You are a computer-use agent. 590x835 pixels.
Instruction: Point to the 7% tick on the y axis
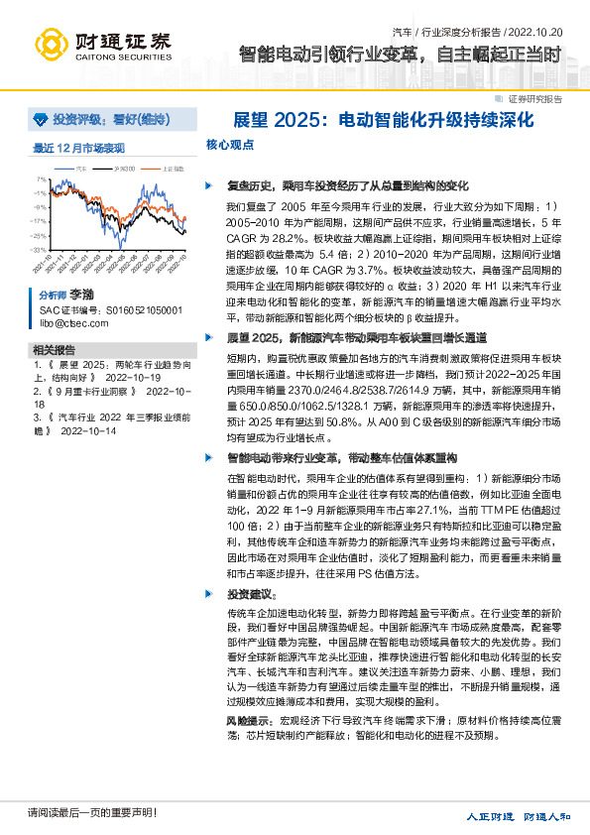coord(41,179)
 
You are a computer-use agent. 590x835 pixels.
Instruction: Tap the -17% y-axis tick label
coord(39,221)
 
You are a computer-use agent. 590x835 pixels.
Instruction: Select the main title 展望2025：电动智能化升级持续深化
coord(384,120)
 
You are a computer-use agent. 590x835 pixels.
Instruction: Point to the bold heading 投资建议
coord(250,594)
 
